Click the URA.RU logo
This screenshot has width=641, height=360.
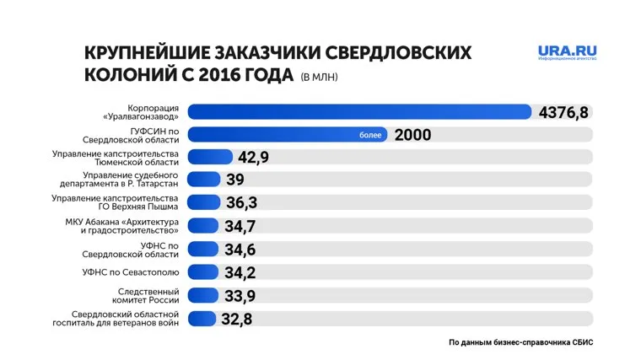pos(568,53)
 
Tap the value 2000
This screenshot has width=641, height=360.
pos(412,135)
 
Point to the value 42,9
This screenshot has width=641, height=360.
pos(254,158)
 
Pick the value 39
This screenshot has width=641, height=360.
pos(236,180)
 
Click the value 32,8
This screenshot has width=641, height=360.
pos(236,319)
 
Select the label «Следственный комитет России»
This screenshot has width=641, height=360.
pos(149,296)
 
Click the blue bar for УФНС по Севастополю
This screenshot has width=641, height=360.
pos(202,272)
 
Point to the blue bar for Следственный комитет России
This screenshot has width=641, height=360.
pos(202,295)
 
